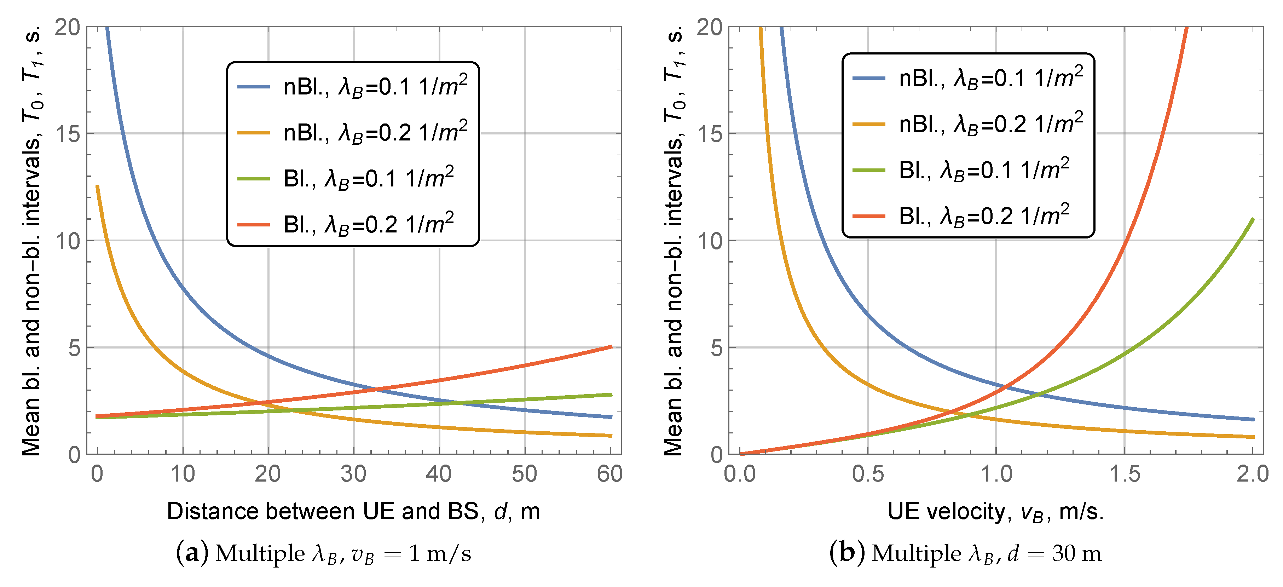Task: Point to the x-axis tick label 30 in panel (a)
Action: [354, 474]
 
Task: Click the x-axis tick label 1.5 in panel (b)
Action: [1125, 474]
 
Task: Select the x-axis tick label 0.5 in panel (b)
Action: [868, 474]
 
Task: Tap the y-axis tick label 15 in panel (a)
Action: [67, 133]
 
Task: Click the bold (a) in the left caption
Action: [192, 553]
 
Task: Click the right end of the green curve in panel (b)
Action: [1253, 219]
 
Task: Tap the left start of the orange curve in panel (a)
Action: [98, 186]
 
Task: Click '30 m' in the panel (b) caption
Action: [1077, 553]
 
